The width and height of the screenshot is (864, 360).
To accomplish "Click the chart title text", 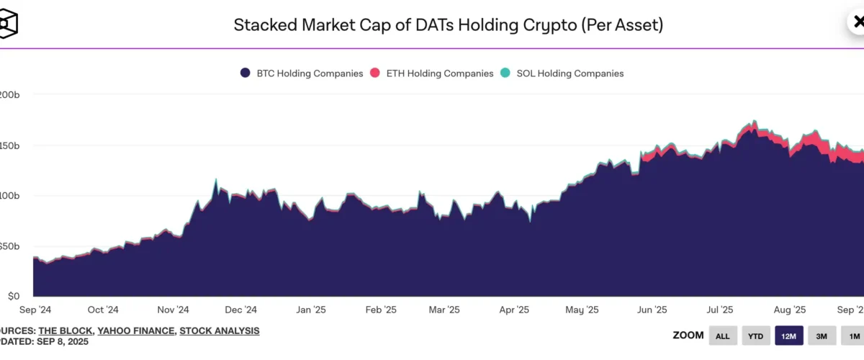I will pyautogui.click(x=448, y=25).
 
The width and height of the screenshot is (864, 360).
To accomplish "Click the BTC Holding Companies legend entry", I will pyautogui.click(x=302, y=73).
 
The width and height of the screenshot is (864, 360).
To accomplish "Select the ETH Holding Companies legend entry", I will pyautogui.click(x=432, y=73).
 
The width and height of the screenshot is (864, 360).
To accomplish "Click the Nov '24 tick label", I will pyautogui.click(x=172, y=310).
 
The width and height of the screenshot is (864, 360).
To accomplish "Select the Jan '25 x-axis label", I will pyautogui.click(x=310, y=310).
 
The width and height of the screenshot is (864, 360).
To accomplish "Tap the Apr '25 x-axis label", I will pyautogui.click(x=514, y=310).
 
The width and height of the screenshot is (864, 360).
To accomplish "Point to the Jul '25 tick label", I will pyautogui.click(x=719, y=310).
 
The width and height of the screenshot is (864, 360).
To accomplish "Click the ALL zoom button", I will pyautogui.click(x=723, y=336).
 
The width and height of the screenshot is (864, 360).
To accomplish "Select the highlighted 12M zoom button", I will pyautogui.click(x=788, y=336).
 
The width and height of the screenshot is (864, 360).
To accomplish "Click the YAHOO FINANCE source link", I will pyautogui.click(x=135, y=330).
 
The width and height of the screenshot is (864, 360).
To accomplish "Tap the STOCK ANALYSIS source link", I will pyautogui.click(x=220, y=330).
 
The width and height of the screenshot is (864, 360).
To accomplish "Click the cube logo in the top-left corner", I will pyautogui.click(x=7, y=24).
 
